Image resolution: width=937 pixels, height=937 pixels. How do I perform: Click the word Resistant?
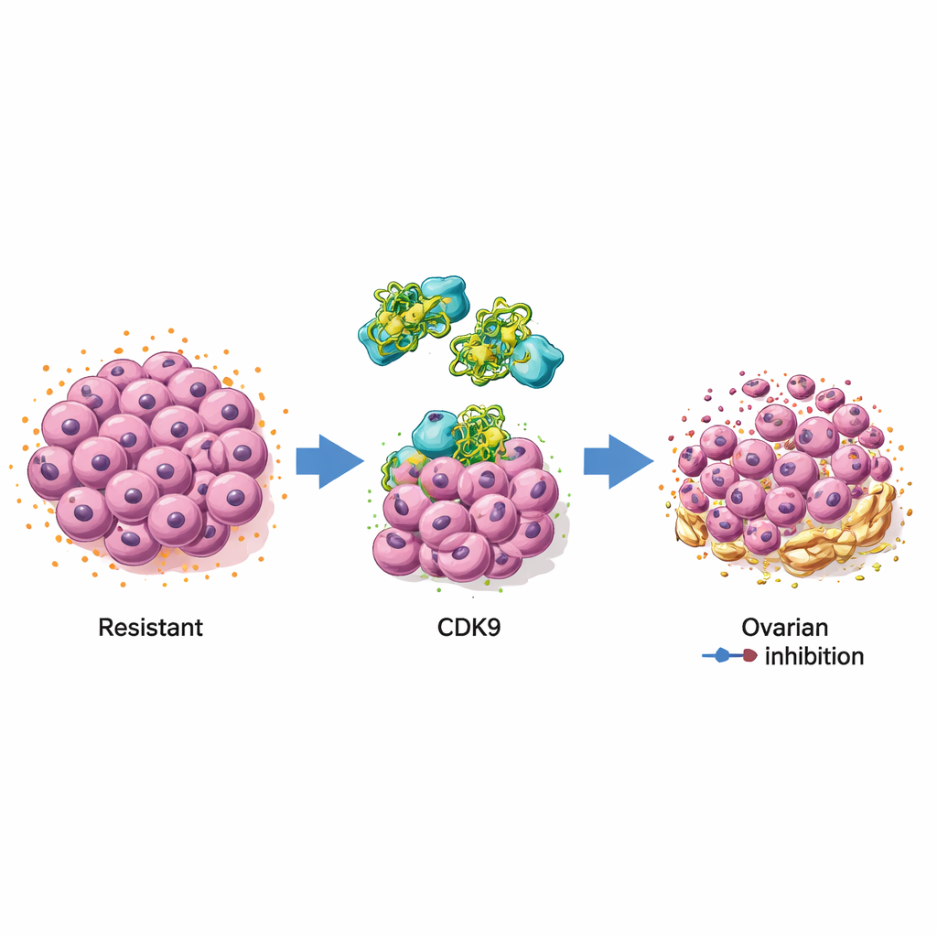click(151, 628)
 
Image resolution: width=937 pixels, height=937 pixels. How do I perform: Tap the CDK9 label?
click(468, 628)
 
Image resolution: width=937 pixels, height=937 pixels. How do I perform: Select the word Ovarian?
click(784, 628)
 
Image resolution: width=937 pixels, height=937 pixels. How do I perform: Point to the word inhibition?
click(814, 656)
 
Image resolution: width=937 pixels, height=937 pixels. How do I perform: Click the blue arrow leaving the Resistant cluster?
click(329, 461)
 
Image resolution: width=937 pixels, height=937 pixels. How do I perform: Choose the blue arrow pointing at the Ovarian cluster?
click(619, 461)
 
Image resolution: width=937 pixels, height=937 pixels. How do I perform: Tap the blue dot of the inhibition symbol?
click(722, 655)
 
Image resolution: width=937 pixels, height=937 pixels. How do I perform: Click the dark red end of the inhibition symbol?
click(750, 655)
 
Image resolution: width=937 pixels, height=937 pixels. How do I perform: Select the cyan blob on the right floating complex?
click(536, 360)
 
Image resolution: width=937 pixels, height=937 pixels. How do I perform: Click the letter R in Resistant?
click(106, 628)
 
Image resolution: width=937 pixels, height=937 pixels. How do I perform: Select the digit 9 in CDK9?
click(493, 628)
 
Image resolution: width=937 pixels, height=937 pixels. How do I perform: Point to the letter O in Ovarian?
click(751, 628)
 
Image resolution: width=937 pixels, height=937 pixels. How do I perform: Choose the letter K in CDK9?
click(478, 628)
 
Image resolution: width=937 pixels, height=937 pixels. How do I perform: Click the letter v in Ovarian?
click(769, 630)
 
